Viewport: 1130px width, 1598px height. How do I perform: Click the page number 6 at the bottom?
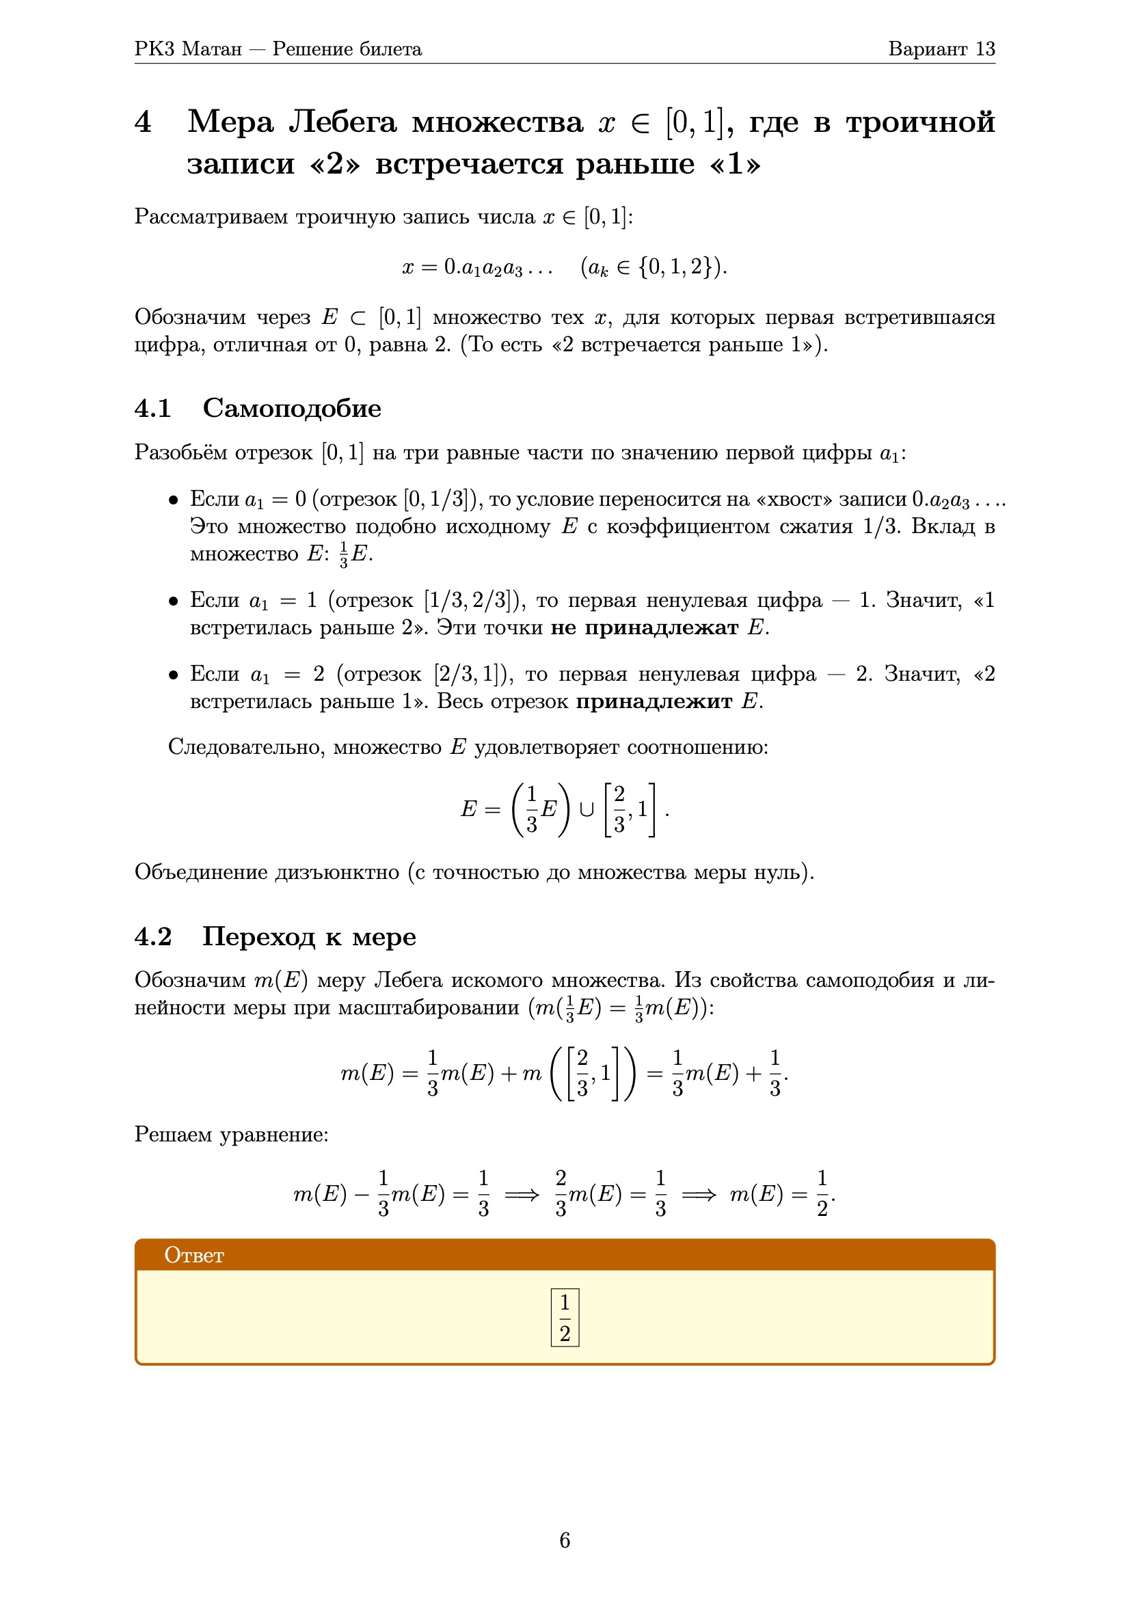pyautogui.click(x=565, y=1539)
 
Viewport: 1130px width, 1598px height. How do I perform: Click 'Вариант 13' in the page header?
pyautogui.click(x=941, y=49)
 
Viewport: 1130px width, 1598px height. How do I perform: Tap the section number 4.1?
pyautogui.click(x=153, y=408)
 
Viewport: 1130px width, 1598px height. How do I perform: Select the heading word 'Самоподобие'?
pyautogui.click(x=292, y=408)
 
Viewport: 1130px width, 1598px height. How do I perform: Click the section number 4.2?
pyautogui.click(x=153, y=937)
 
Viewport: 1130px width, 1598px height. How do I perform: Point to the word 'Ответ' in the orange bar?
pyautogui.click(x=194, y=1255)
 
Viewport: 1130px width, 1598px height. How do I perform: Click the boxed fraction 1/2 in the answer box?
pyautogui.click(x=565, y=1318)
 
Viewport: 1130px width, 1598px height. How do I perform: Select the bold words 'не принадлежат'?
pyautogui.click(x=644, y=627)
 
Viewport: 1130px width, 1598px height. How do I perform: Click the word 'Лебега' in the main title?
pyautogui.click(x=342, y=122)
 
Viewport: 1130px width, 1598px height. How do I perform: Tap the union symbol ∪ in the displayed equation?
pyautogui.click(x=587, y=809)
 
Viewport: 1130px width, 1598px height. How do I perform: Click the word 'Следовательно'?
pyautogui.click(x=246, y=747)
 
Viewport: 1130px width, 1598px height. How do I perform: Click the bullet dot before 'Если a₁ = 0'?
pyautogui.click(x=174, y=500)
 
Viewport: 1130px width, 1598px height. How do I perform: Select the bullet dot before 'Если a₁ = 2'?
pyautogui.click(x=174, y=675)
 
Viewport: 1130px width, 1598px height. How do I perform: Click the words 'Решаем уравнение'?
pyautogui.click(x=231, y=1134)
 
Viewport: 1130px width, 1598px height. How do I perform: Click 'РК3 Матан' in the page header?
pyautogui.click(x=188, y=49)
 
